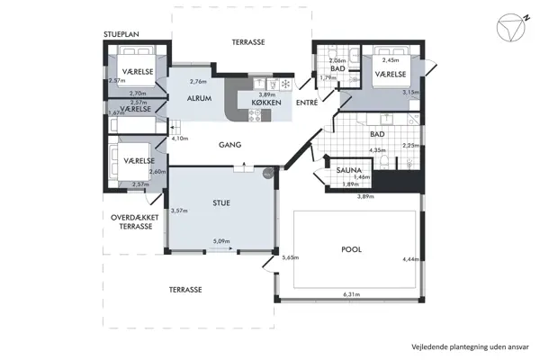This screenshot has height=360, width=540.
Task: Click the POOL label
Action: (x=351, y=249)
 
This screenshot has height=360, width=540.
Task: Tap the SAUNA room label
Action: (x=348, y=170)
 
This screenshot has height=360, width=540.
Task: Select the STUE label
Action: (x=221, y=202)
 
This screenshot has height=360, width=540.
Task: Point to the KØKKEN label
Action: (x=266, y=103)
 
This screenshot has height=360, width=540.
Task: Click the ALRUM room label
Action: (x=199, y=98)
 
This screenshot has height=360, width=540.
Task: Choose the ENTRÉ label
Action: (x=307, y=103)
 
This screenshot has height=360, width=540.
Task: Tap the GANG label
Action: (x=229, y=145)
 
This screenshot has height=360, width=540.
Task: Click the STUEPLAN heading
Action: (x=121, y=34)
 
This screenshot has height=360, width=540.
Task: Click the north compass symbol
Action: (x=512, y=28)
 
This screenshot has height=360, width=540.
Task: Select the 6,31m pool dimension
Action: (x=351, y=294)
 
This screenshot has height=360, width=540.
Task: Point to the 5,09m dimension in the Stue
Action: (x=221, y=241)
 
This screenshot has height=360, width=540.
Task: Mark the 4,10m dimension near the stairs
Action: (x=180, y=139)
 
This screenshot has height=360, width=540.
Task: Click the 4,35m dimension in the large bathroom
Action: (x=377, y=150)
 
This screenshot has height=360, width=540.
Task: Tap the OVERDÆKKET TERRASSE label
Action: (x=135, y=222)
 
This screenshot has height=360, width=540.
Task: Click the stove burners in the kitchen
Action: (x=255, y=115)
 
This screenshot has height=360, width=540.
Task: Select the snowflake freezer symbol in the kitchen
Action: (x=285, y=84)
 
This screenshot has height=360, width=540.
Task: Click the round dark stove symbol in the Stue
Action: (x=267, y=174)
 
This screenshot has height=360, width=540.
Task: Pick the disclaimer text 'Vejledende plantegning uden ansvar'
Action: (x=470, y=346)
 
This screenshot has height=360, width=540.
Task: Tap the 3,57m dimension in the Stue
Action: (x=179, y=210)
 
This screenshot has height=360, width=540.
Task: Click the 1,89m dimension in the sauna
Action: (x=350, y=184)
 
